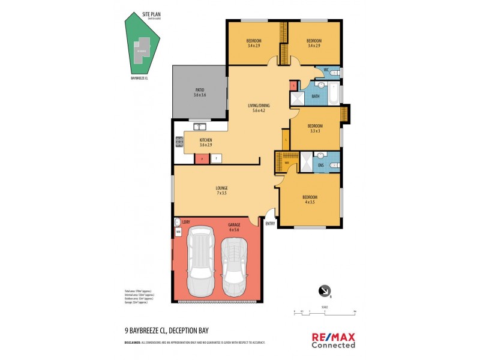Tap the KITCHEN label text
point(206,140)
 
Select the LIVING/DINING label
point(257,106)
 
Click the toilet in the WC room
point(335,73)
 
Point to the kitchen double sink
point(199,126)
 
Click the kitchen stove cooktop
point(179,142)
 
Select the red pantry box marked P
point(202,158)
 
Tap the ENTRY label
point(270,224)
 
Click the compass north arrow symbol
point(325,291)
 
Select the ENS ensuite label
point(320,164)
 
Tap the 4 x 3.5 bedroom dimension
point(310,202)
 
